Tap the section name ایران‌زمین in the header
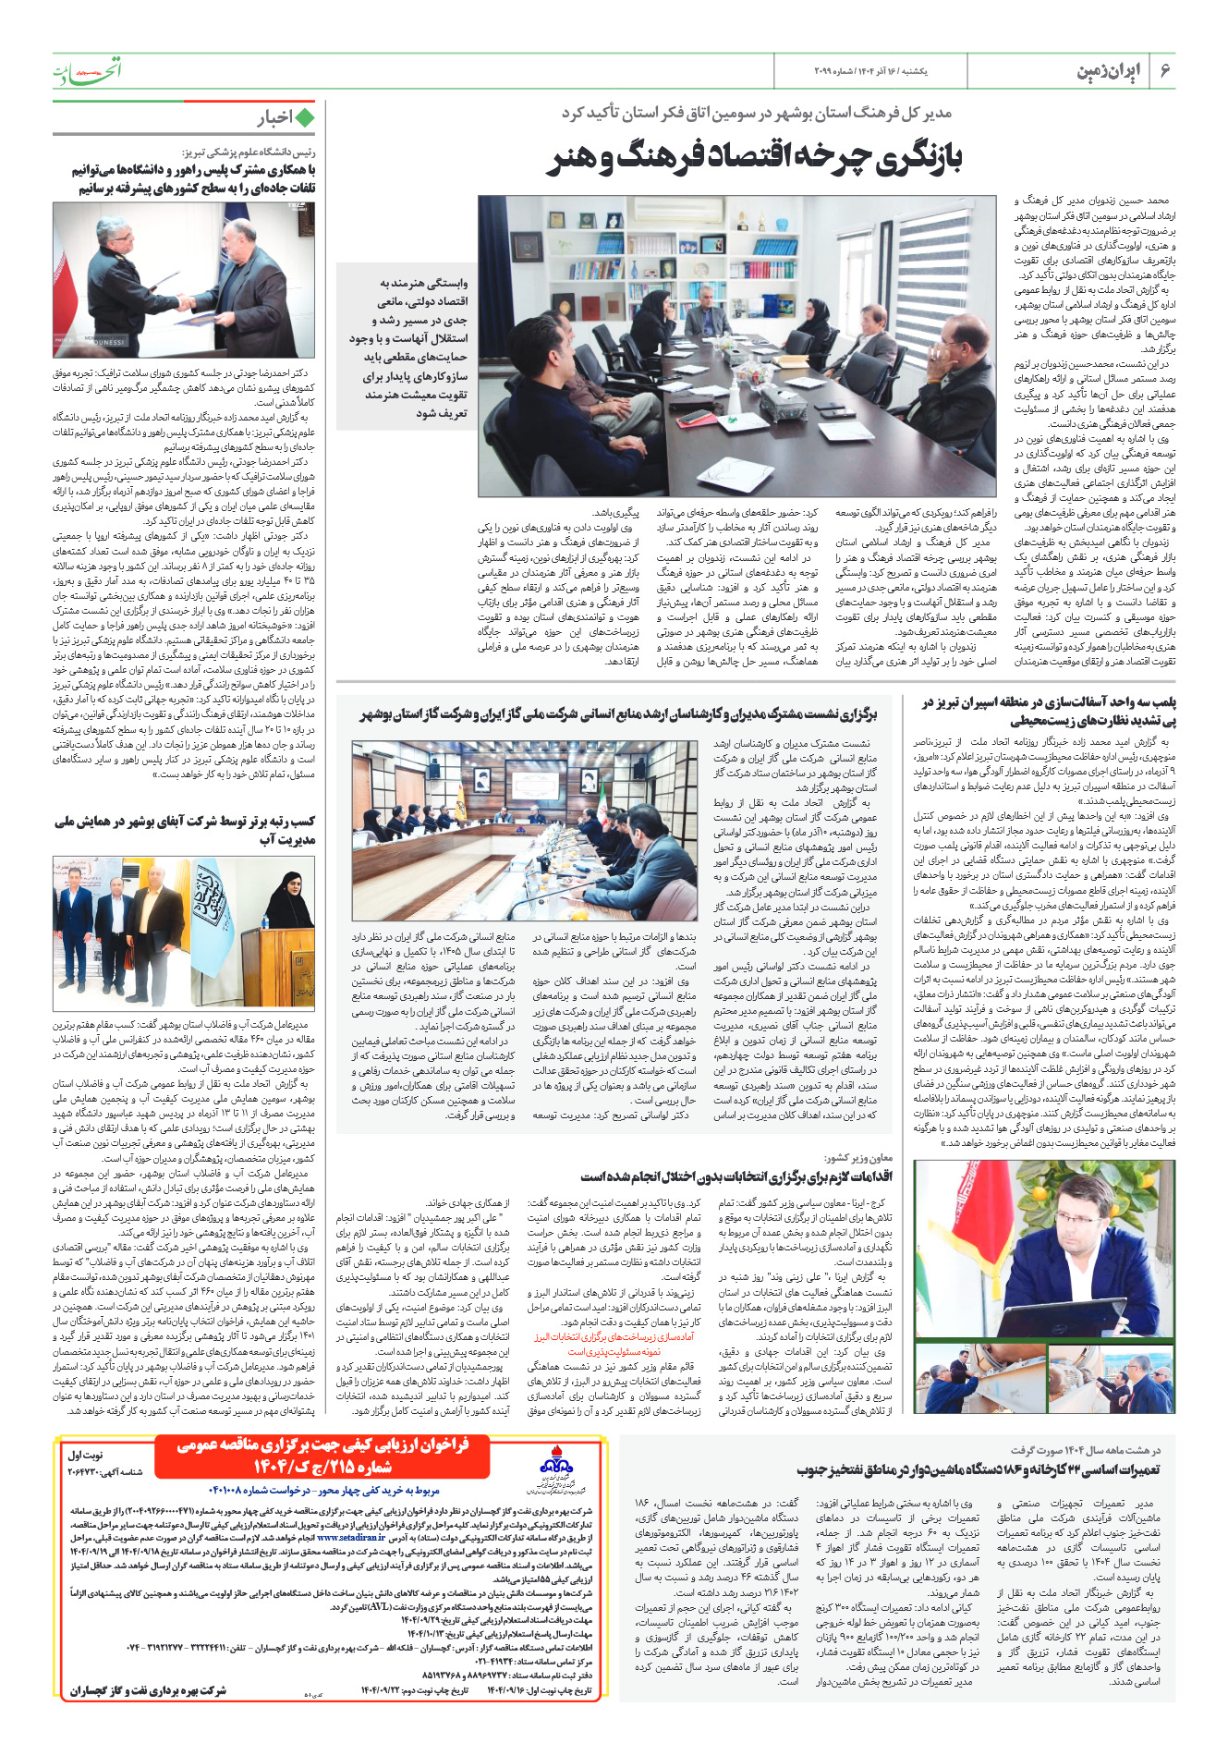1108,71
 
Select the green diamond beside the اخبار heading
305,117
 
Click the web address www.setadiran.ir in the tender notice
351,1538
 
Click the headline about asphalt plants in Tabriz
1048,712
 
